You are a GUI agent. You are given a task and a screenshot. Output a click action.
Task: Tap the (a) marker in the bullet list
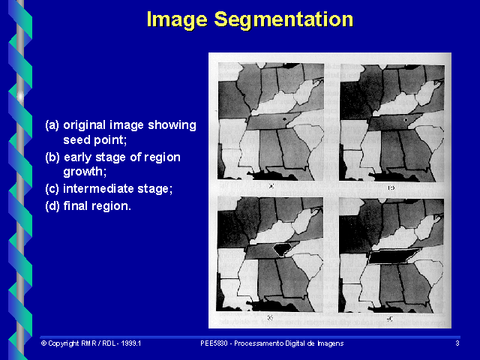(x=52, y=125)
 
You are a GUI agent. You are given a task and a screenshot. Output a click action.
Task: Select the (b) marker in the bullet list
(x=52, y=157)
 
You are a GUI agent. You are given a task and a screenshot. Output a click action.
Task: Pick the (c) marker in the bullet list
(x=52, y=189)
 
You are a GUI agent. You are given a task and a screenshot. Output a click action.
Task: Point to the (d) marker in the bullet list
(x=52, y=205)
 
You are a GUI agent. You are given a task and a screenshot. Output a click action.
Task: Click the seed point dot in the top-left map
(x=284, y=119)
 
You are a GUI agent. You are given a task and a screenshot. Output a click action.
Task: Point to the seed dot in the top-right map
(x=405, y=119)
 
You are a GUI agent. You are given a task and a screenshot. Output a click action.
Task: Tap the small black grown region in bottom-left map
(x=283, y=247)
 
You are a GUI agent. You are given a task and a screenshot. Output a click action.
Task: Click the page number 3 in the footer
(x=457, y=343)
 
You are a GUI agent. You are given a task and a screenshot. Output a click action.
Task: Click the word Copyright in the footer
(x=64, y=343)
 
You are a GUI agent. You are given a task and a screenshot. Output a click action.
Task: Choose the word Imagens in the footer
(x=328, y=343)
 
